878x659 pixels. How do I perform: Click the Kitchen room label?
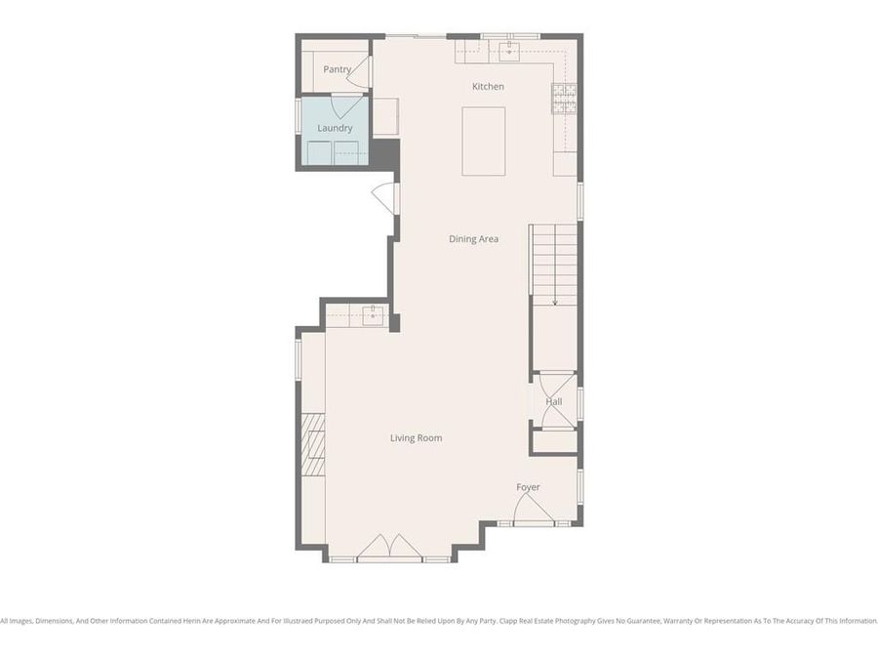point(488,87)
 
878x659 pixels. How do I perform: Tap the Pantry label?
point(337,69)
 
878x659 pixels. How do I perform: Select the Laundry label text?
point(335,128)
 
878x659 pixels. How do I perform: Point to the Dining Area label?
point(474,239)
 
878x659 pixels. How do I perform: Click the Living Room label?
point(417,438)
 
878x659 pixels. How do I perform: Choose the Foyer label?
point(528,487)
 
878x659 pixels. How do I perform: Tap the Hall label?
point(554,401)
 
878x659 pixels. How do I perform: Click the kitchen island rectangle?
point(484,141)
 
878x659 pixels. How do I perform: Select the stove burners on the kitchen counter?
point(565,98)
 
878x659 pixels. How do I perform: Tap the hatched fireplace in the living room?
point(312,443)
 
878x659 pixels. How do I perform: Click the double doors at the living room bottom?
point(389,548)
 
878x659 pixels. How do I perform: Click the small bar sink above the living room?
point(372,313)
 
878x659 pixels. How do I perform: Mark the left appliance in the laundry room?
point(319,153)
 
